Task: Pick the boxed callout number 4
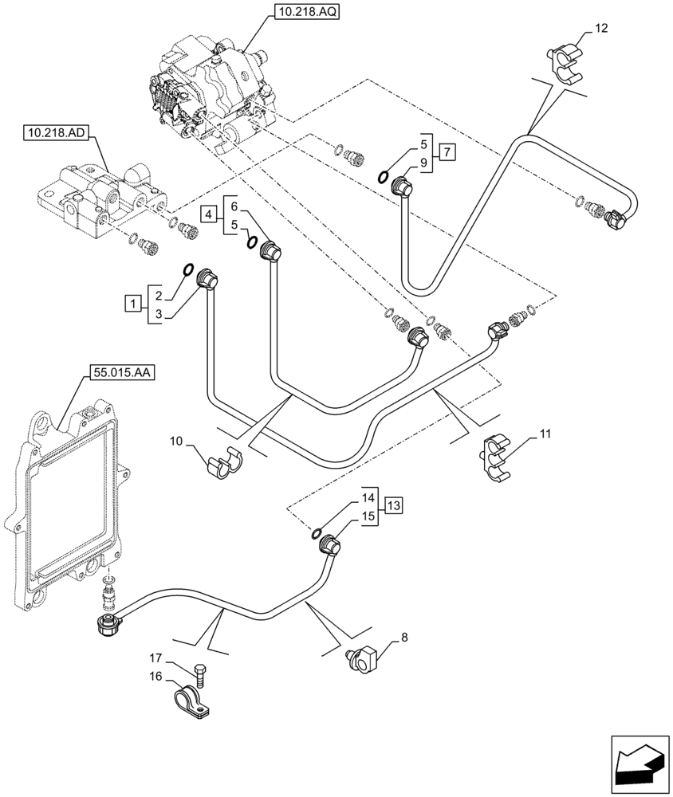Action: pos(208,214)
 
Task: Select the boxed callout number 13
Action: pos(393,505)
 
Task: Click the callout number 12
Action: pos(600,29)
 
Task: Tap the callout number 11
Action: pos(545,434)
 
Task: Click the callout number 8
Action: pos(403,637)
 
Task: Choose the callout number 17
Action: pos(156,658)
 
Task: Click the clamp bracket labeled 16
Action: pos(193,701)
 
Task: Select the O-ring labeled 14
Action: pos(317,533)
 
